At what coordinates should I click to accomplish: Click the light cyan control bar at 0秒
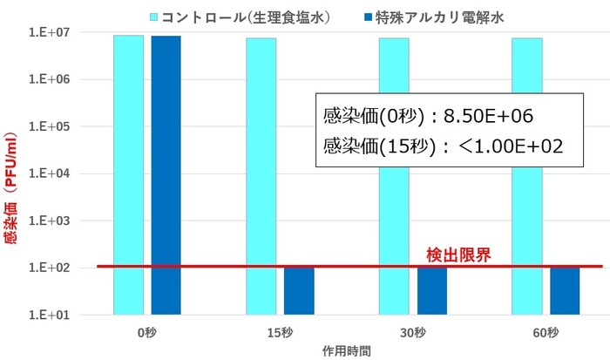click(x=128, y=173)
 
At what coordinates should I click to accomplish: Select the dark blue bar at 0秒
click(x=166, y=173)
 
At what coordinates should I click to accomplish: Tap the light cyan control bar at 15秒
click(x=261, y=174)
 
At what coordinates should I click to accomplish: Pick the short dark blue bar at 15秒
click(x=299, y=289)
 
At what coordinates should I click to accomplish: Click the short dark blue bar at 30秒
click(x=431, y=289)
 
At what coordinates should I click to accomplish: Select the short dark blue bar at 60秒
click(x=565, y=289)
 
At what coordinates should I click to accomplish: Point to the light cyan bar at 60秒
click(x=526, y=174)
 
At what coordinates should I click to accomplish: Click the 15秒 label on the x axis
click(x=280, y=332)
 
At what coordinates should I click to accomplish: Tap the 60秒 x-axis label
click(x=546, y=332)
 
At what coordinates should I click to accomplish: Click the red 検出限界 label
click(x=458, y=255)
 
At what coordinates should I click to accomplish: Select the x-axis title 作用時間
click(x=346, y=350)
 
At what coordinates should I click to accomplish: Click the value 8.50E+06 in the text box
click(x=482, y=116)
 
